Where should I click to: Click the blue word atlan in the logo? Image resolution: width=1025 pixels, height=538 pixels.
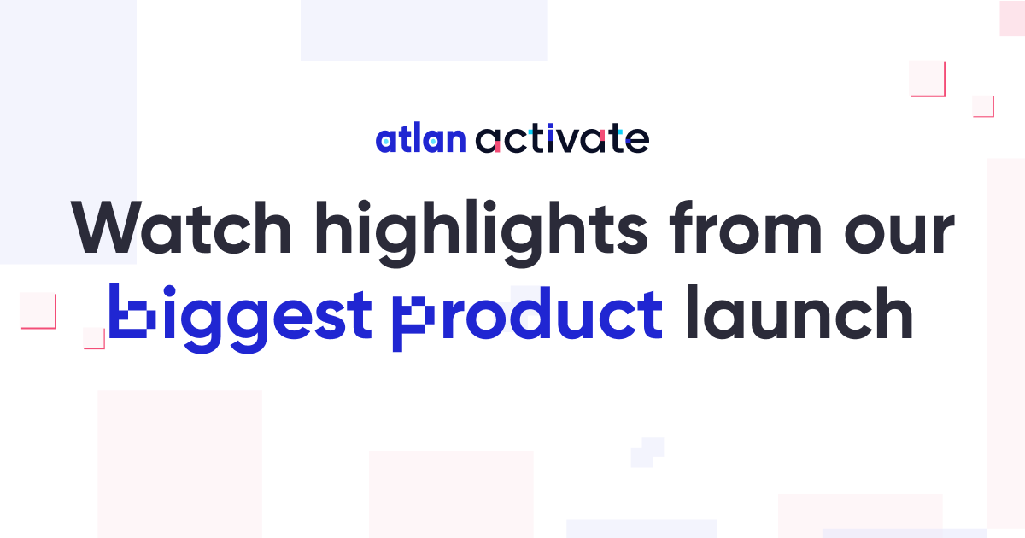pos(420,137)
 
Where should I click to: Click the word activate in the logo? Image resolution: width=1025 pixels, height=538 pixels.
pos(562,137)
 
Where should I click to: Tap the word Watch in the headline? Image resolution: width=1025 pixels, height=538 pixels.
pos(181,227)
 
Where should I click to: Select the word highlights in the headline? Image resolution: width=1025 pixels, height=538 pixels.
pos(482,233)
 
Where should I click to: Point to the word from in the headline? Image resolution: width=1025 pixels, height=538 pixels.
pos(746,227)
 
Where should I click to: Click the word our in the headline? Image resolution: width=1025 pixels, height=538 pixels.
pos(899,233)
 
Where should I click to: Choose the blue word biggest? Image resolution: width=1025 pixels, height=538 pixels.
pos(240,318)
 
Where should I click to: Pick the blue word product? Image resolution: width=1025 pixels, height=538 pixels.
pos(528,319)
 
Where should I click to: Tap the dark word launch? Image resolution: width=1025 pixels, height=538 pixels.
pos(799,312)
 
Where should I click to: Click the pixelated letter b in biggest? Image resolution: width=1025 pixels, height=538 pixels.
pos(132,311)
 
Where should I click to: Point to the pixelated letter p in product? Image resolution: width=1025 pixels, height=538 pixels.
pos(413,324)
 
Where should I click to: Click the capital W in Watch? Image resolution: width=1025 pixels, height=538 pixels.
pos(104,227)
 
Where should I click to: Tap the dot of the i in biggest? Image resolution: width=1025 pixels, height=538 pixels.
pos(169,291)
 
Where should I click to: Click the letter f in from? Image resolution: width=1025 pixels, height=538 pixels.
pos(682,227)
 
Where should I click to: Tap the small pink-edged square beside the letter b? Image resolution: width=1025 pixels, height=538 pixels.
pos(94,338)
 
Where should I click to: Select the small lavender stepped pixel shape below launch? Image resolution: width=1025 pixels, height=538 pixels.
pos(647,453)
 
